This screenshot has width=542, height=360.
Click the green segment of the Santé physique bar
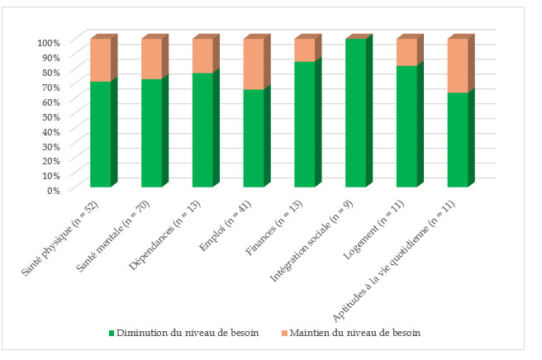coord(100,134)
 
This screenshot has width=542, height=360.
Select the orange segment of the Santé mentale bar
coord(151,59)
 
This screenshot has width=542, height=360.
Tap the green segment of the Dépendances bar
coord(202,130)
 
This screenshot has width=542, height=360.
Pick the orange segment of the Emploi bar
coord(254,64)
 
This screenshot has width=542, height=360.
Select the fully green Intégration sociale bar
coord(356,113)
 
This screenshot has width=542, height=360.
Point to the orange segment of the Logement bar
coord(406,52)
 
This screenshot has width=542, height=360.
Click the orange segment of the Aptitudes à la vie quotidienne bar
coord(458,65)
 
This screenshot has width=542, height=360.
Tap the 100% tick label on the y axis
coord(49,42)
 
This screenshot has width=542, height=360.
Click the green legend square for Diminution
coord(112,333)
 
